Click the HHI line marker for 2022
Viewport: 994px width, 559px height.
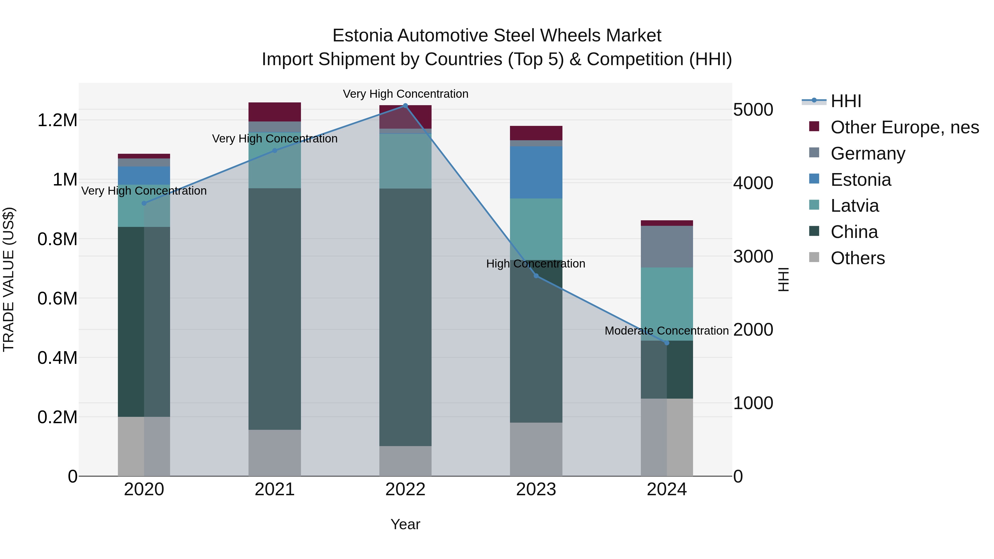[x=405, y=105]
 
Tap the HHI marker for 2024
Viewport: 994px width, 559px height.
[x=667, y=343]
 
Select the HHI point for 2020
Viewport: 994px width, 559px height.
[x=144, y=203]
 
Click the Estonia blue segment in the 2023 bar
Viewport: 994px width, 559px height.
[x=536, y=173]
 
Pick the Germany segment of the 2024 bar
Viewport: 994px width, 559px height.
[x=667, y=247]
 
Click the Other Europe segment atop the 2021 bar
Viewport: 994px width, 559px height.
[x=274, y=112]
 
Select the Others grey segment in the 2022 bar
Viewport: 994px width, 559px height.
[x=405, y=461]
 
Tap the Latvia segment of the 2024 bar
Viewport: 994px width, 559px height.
[x=667, y=304]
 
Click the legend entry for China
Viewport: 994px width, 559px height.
[x=854, y=232]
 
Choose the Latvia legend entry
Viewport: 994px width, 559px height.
[x=854, y=206]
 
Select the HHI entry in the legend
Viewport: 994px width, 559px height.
[x=845, y=101]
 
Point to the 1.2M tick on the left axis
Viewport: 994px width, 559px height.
[x=57, y=120]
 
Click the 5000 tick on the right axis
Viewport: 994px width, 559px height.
[x=753, y=110]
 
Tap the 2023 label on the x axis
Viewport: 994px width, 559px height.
[x=536, y=489]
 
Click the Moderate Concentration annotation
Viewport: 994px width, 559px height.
[x=667, y=331]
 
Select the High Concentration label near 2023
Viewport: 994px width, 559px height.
[x=536, y=264]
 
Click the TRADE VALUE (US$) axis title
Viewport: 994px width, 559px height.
[x=9, y=279]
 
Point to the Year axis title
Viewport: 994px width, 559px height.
[x=405, y=524]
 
